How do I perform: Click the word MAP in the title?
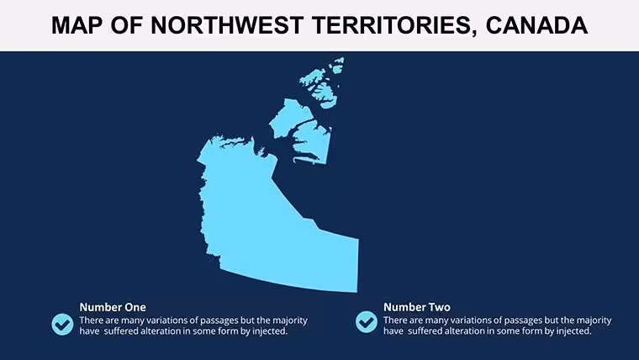tap(77, 25)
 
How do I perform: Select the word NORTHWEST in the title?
tap(227, 25)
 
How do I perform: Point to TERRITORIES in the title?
tap(394, 26)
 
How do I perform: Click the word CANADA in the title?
tap(536, 25)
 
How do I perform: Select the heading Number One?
tap(113, 307)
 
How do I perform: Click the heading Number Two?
tap(417, 307)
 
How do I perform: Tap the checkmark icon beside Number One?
tap(62, 324)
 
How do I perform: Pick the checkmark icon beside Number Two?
tap(367, 322)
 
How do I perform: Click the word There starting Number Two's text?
tap(395, 320)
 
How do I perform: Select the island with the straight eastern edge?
tap(313, 143)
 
